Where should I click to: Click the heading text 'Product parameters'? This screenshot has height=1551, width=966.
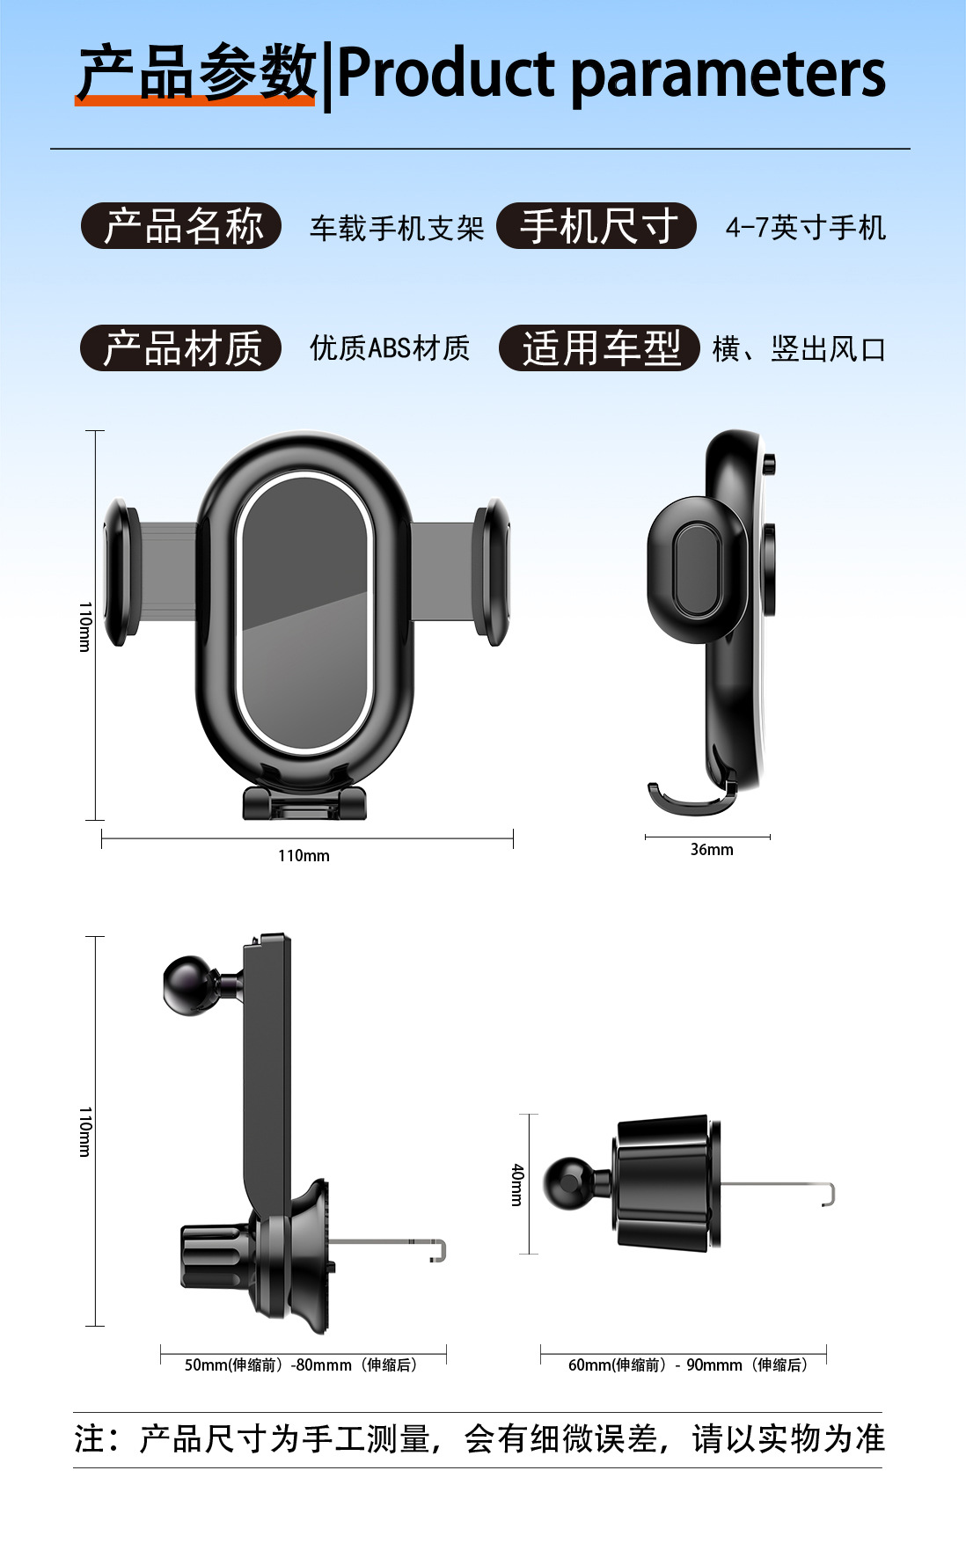(x=611, y=74)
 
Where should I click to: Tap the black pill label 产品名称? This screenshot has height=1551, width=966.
(x=181, y=226)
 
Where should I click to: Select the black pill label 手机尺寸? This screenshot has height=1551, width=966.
(x=596, y=226)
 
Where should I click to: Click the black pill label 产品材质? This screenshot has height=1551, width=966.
(x=181, y=348)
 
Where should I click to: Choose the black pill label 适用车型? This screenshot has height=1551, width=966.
(x=599, y=348)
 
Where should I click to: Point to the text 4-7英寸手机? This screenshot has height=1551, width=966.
(x=805, y=228)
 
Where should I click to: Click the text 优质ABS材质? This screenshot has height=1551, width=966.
(x=390, y=348)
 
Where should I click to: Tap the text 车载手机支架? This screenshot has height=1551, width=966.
(x=397, y=229)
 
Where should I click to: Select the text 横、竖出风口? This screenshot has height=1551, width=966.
(x=798, y=349)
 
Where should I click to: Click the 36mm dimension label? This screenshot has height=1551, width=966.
(x=711, y=850)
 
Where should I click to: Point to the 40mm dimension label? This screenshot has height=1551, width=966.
(x=517, y=1184)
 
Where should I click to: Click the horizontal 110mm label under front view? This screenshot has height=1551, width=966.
(x=304, y=856)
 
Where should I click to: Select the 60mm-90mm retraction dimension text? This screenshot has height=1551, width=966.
(x=687, y=1364)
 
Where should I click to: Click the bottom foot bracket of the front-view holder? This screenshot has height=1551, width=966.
(x=304, y=802)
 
